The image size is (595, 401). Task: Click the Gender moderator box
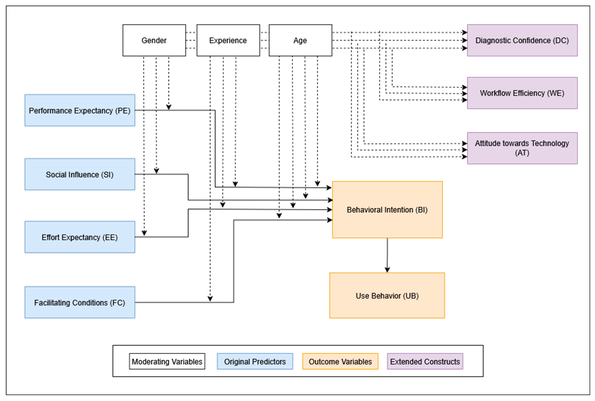154,40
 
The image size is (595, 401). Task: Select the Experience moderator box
228,40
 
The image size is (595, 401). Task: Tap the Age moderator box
300,40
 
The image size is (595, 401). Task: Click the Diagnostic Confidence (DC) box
522,40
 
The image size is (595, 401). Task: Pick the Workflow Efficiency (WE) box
522,93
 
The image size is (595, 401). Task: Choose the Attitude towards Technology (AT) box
522,148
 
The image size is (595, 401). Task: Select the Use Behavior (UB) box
387,296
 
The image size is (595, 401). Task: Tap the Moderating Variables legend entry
167,361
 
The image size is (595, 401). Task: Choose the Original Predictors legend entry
255,361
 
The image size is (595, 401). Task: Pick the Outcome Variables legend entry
340,361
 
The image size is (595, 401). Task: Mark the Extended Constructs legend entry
425,361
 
